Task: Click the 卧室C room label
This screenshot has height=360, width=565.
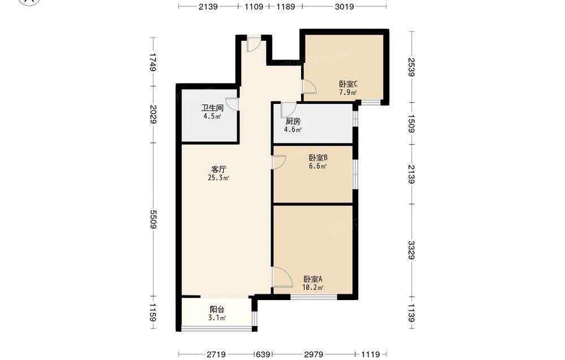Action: [348, 84]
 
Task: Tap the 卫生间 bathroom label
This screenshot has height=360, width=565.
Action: [212, 108]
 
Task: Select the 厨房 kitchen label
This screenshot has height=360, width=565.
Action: [293, 122]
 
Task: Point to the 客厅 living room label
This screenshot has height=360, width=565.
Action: [218, 170]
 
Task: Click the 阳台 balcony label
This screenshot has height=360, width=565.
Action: [217, 309]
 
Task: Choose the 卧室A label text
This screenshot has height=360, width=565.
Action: [313, 279]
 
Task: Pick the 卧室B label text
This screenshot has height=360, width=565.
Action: [318, 158]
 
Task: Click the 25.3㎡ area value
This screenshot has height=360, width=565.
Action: [218, 177]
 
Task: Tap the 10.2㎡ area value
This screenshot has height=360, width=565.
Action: [313, 288]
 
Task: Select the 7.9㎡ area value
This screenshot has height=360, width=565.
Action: [348, 92]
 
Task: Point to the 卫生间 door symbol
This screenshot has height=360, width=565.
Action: [232, 104]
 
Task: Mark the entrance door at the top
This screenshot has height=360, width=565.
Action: [253, 44]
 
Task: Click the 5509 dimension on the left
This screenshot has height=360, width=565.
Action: [154, 219]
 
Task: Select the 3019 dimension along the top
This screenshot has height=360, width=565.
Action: [344, 6]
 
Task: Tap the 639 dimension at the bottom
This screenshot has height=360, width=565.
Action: [263, 354]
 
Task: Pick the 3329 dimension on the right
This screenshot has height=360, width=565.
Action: [412, 250]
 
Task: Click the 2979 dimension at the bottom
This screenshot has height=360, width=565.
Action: [314, 354]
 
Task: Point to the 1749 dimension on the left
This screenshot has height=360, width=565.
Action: [154, 62]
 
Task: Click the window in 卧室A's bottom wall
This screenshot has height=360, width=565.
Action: [314, 297]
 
